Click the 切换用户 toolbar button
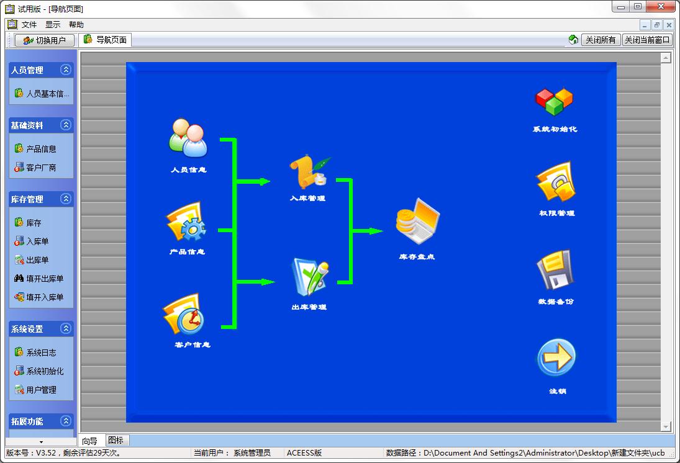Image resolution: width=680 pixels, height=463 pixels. pos(45,40)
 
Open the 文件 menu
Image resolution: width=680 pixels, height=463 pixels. pos(29,25)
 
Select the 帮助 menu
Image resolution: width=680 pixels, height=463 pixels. pos(76,25)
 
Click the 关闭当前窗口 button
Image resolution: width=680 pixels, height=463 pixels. pos(647,40)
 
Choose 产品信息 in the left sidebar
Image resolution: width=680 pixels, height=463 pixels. pos(41,149)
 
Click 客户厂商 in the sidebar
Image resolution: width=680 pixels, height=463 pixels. pos(41,168)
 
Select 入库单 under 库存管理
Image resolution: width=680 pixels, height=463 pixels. pos(37,241)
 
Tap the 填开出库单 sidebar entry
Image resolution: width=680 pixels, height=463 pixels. pos(45,279)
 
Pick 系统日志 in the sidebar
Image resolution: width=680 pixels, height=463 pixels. pos(41,353)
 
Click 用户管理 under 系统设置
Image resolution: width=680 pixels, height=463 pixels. pos(41,390)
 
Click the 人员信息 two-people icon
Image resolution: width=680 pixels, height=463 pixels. pos(188,138)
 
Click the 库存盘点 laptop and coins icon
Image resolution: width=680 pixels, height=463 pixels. pos(417,222)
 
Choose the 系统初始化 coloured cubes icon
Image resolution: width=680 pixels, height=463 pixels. pos(554,102)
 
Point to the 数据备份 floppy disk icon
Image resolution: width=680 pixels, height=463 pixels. pos(554,270)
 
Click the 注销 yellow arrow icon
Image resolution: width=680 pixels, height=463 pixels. pos(556,358)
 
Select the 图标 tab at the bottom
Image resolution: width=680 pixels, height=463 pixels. pos(116,440)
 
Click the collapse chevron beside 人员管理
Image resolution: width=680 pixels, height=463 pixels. pos(65,70)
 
